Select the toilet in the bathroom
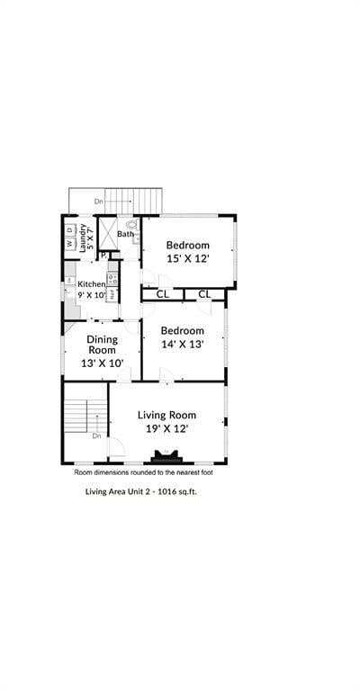132,227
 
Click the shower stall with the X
106,233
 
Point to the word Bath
124,235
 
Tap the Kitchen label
91,284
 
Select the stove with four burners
112,277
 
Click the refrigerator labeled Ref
112,293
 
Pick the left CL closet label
163,294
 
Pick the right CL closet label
204,294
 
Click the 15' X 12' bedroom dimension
187,258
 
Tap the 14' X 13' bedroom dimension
184,344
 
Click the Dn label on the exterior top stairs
98,202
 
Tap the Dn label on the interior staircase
97,435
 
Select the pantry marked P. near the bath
103,256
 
